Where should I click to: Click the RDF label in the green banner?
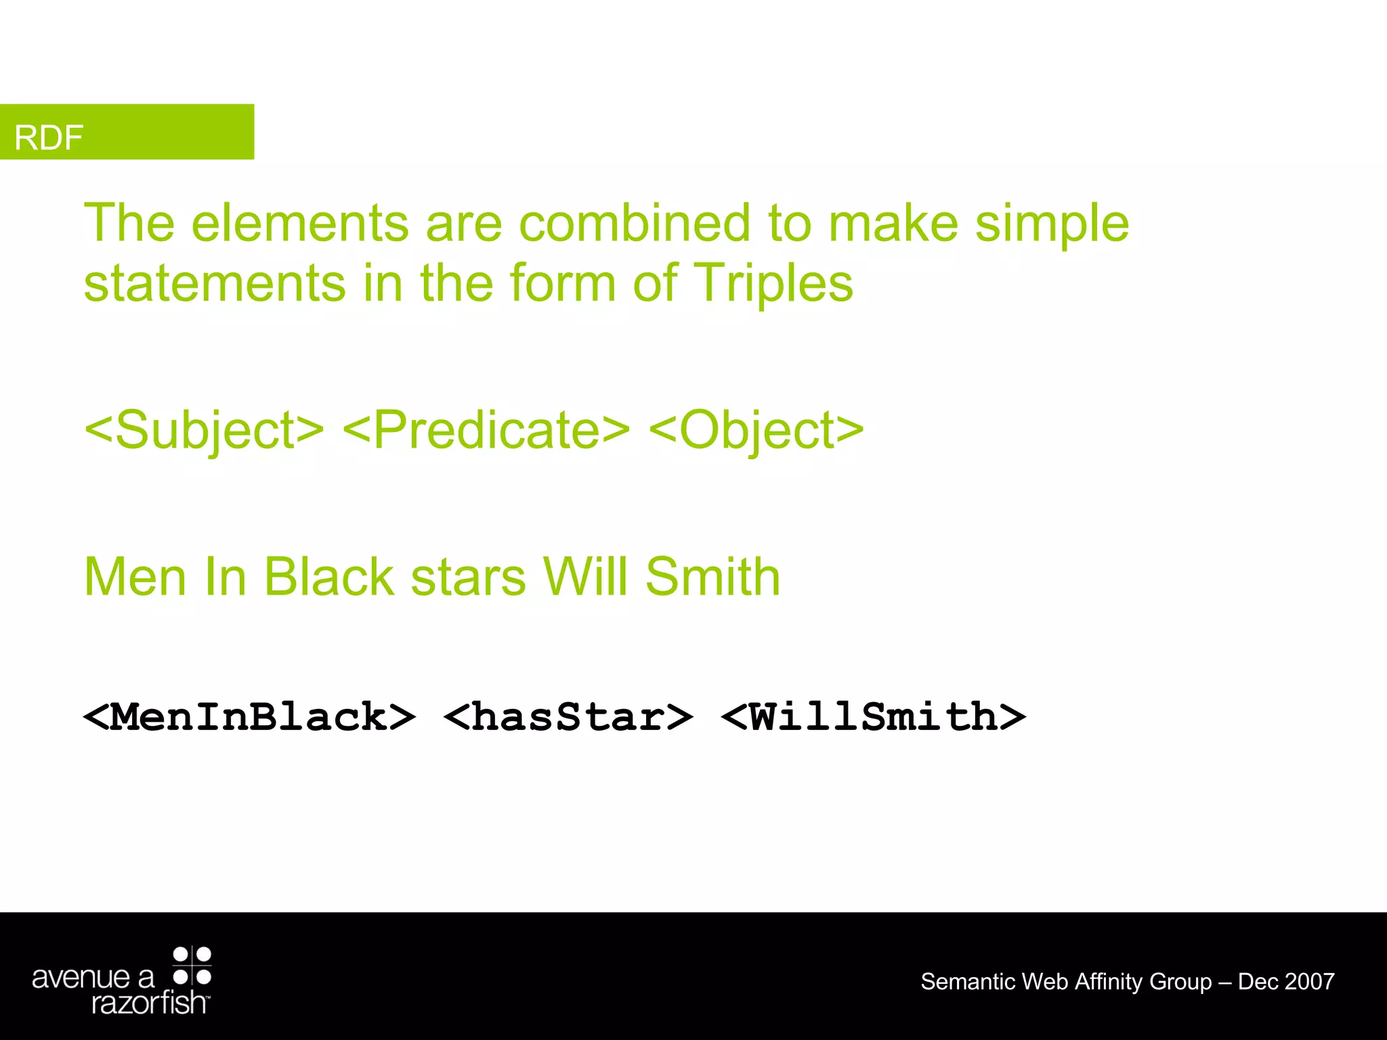click(49, 137)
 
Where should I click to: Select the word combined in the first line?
click(635, 223)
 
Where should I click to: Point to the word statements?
click(215, 283)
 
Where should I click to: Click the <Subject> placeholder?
click(204, 430)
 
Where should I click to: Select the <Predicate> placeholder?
click(486, 430)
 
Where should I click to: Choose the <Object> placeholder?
click(756, 430)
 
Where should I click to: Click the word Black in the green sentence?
click(329, 577)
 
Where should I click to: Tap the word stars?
click(468, 577)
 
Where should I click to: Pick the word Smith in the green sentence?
click(712, 577)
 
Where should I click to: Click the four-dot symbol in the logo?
click(192, 966)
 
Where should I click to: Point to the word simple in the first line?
click(1052, 223)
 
